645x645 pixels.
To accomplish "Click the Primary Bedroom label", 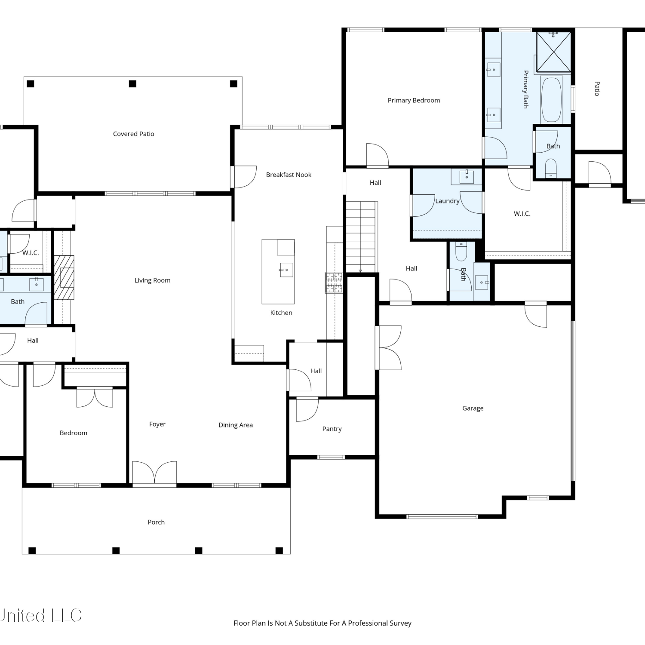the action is pos(414,100).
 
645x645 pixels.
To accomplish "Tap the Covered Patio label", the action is pos(133,134).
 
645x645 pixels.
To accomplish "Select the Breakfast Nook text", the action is pos(289,175).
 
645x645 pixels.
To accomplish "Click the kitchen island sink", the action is pos(286,270).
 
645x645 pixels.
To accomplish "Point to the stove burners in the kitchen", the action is pos(334,283).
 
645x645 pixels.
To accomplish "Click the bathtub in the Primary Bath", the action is pos(551,100).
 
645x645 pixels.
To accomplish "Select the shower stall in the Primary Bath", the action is pos(554,52).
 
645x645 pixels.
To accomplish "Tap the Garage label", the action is pos(473,408).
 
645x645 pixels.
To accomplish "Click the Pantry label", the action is pos(332,429).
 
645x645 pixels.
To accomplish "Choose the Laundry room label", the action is pos(447,201).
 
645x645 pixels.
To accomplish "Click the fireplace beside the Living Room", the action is pos(64,278).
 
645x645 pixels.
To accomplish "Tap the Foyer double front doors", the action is pos(154,473).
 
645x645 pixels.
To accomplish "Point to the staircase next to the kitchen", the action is pos(361,237).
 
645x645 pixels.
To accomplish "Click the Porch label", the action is pos(156,522).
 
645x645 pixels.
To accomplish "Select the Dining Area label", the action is pos(236,425).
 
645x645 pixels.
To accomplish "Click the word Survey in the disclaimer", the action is pos(400,623).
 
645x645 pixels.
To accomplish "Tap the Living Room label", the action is pos(152,280).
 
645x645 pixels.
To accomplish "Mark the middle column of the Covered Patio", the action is pos(132,84).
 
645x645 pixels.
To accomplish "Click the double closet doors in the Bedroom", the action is pos(95,397).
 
